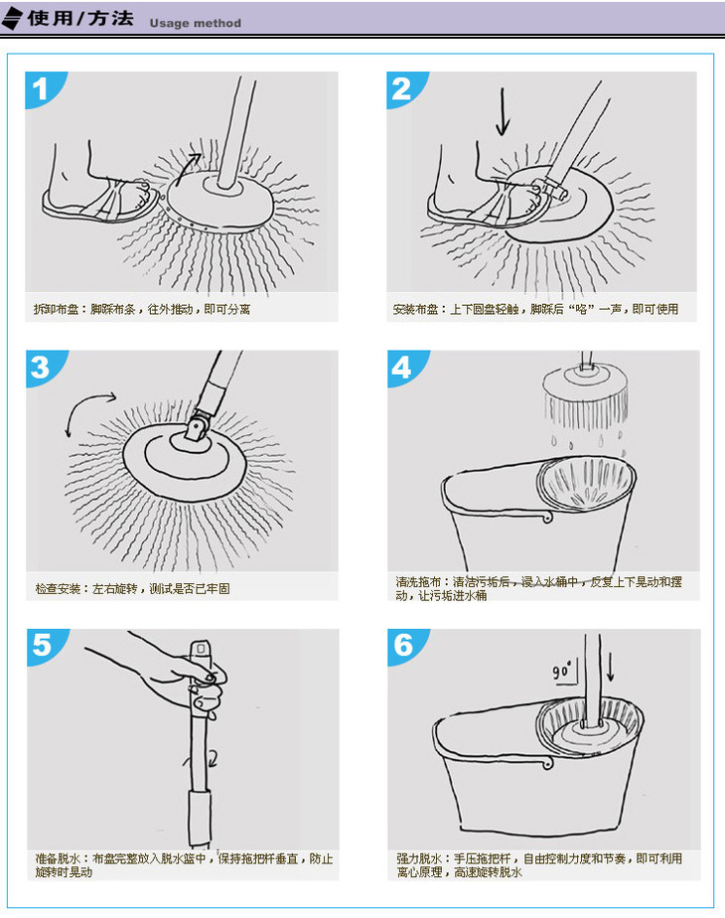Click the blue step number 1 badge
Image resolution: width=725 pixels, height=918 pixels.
(x=41, y=89)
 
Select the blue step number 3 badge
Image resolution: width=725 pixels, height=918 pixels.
(x=42, y=368)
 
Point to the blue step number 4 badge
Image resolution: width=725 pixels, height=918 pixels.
(x=403, y=368)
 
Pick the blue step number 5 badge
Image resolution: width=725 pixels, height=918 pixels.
(x=43, y=646)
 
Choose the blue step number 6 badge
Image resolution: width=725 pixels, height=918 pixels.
(x=404, y=646)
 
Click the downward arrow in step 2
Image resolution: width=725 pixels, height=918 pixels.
(x=503, y=111)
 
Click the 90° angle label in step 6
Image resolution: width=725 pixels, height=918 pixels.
(x=561, y=671)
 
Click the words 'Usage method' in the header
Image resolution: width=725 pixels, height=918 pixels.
(x=195, y=24)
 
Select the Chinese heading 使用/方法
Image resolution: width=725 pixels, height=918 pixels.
(x=80, y=18)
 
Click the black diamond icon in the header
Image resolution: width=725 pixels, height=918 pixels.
(x=12, y=18)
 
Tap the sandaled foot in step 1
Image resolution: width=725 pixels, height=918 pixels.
(x=99, y=188)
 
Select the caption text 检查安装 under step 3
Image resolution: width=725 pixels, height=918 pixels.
(x=58, y=588)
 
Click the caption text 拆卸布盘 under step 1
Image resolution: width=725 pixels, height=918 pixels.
(x=56, y=309)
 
